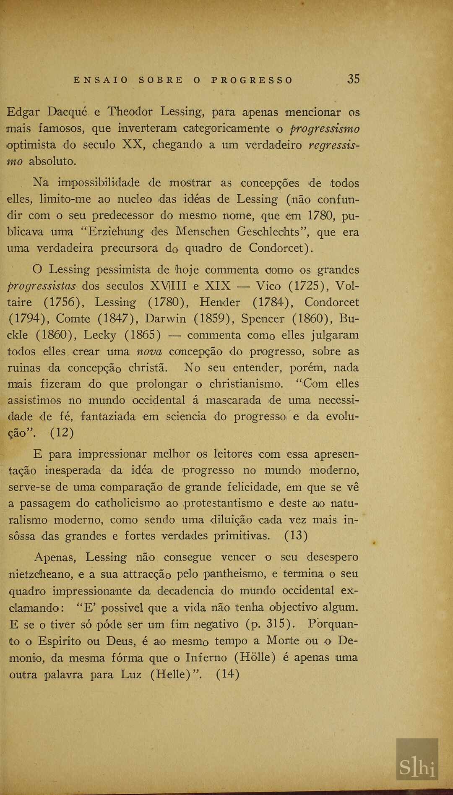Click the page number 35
point(353,79)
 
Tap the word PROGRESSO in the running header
point(252,80)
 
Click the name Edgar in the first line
point(23,112)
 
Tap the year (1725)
point(308,286)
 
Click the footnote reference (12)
point(62,433)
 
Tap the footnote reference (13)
point(296,536)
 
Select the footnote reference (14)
point(228,674)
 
